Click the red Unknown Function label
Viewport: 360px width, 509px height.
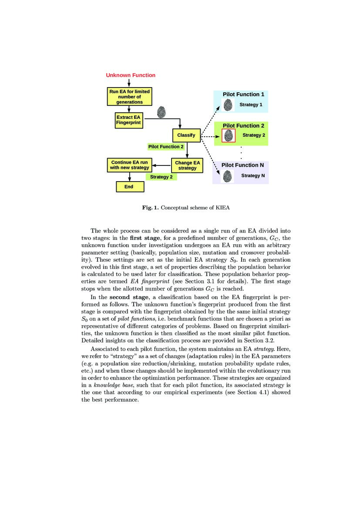[131, 75]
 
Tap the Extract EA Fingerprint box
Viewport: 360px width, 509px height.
[128, 120]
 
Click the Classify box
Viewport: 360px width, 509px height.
[186, 135]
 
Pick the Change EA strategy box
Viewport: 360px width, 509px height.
[187, 165]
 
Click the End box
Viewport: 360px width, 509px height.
[129, 186]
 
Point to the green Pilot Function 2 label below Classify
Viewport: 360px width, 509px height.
[166, 147]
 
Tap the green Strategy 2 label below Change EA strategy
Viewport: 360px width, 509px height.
[161, 177]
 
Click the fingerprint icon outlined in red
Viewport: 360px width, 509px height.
[228, 135]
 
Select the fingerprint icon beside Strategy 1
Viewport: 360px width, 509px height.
[228, 105]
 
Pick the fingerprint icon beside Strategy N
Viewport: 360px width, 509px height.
[227, 176]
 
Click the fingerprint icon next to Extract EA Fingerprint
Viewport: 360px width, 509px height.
[161, 111]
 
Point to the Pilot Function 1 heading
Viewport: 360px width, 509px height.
[243, 94]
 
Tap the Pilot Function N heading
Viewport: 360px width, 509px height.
[242, 165]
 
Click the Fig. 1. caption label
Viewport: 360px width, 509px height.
[151, 207]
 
